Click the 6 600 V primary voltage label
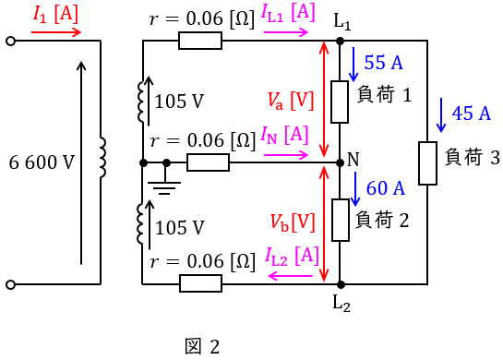42,162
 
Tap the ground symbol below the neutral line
164,186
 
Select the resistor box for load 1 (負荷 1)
340,102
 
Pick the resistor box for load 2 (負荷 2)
341,220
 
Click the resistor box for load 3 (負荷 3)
427,163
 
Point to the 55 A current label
383,62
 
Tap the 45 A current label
472,114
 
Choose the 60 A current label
386,187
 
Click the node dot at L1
340,41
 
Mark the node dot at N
340,163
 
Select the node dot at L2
341,284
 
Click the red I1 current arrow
56,32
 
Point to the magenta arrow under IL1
286,32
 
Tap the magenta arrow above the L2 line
291,276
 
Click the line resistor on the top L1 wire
200,41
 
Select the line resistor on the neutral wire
209,162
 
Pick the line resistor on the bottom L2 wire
201,283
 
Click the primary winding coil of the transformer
102,158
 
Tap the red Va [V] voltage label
291,101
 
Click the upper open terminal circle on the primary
10,41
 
